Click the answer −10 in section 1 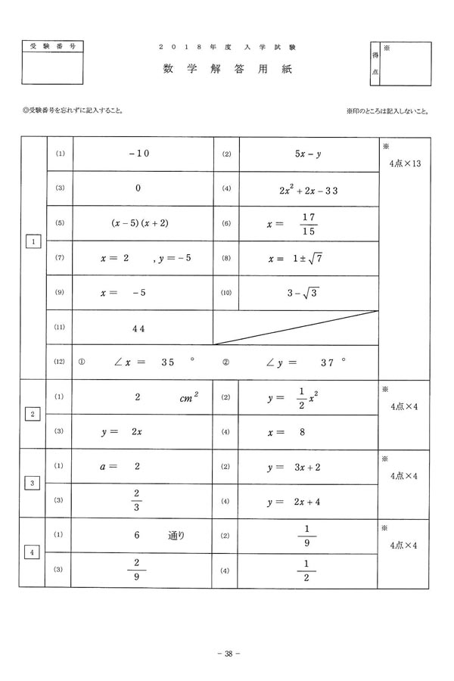pyautogui.click(x=139, y=154)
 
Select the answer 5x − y pyautogui.click(x=309, y=154)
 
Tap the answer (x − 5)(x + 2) pyautogui.click(x=139, y=223)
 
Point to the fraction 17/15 pyautogui.click(x=308, y=224)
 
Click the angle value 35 pyautogui.click(x=168, y=362)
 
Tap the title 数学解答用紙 pyautogui.click(x=226, y=69)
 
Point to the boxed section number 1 pyautogui.click(x=33, y=241)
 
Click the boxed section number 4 pyautogui.click(x=33, y=552)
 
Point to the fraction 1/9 pyautogui.click(x=308, y=536)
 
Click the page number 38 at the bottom pyautogui.click(x=228, y=654)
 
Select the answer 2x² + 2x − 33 pyautogui.click(x=309, y=189)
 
